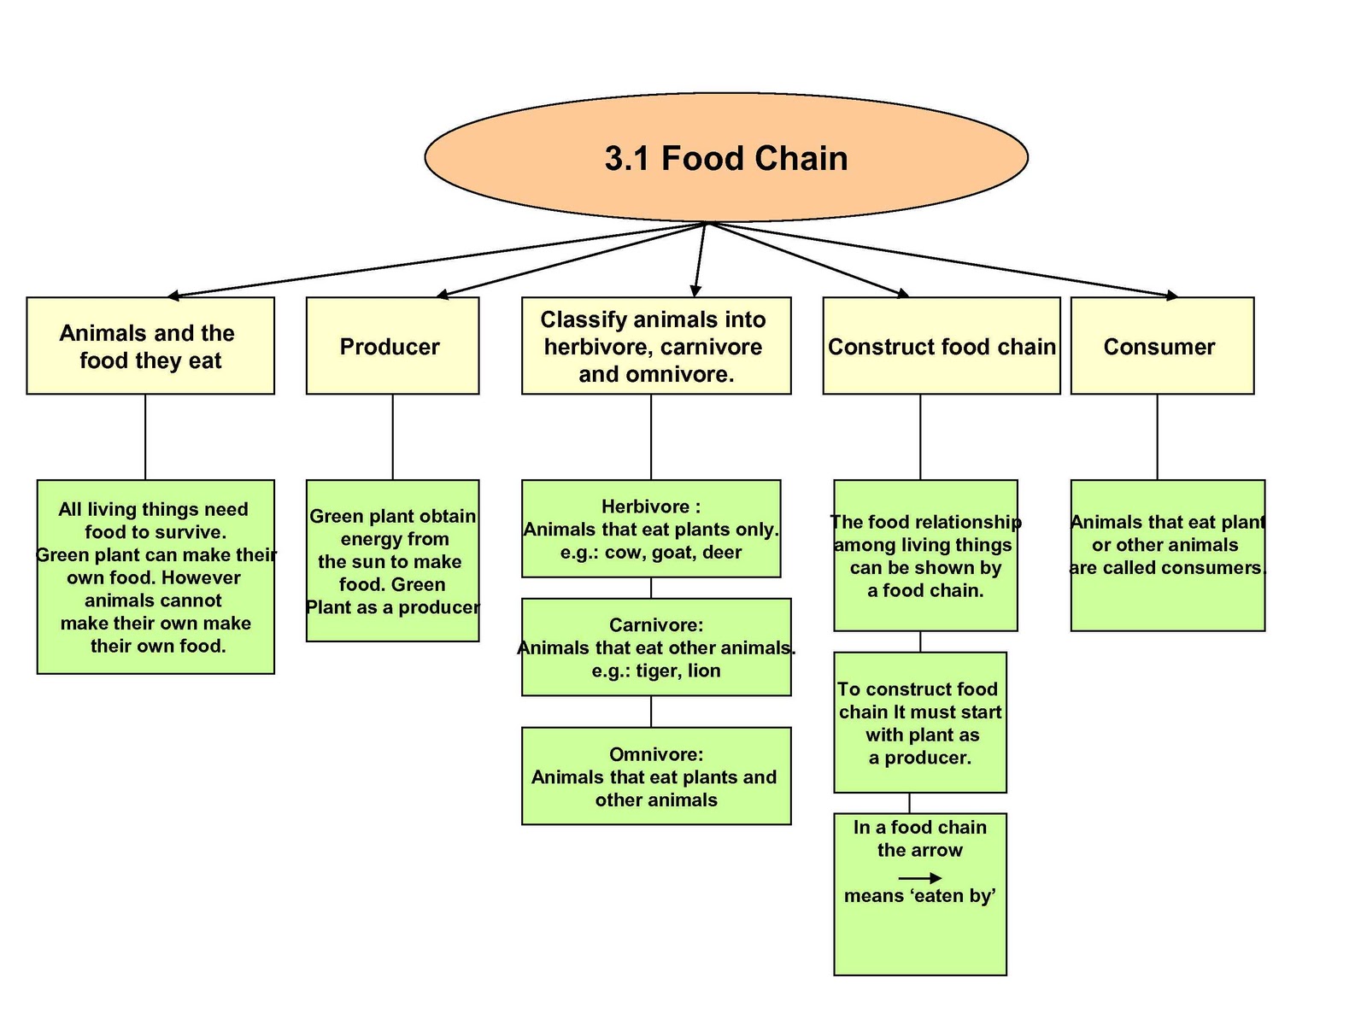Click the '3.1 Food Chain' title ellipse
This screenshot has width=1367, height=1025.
726,158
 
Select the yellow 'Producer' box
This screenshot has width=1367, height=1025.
392,346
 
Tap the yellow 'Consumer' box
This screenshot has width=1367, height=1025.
1162,346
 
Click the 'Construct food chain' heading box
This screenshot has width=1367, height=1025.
941,346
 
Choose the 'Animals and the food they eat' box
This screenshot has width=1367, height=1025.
150,346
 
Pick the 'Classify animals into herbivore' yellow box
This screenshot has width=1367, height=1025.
655,346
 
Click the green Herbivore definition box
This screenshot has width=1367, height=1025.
651,529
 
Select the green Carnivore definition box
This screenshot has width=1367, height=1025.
656,647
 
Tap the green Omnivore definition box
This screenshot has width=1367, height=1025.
656,776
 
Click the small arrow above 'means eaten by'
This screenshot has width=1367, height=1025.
920,878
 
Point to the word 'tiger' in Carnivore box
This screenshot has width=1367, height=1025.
656,671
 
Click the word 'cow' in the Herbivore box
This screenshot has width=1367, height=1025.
622,553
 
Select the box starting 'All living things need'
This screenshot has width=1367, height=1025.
155,577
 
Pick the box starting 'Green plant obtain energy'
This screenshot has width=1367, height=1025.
392,561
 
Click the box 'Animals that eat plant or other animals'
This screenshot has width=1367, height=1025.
1167,556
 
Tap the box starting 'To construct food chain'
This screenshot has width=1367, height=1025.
920,723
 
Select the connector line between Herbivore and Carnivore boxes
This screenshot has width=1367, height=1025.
651,588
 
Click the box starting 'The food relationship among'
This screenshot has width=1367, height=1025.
925,556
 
